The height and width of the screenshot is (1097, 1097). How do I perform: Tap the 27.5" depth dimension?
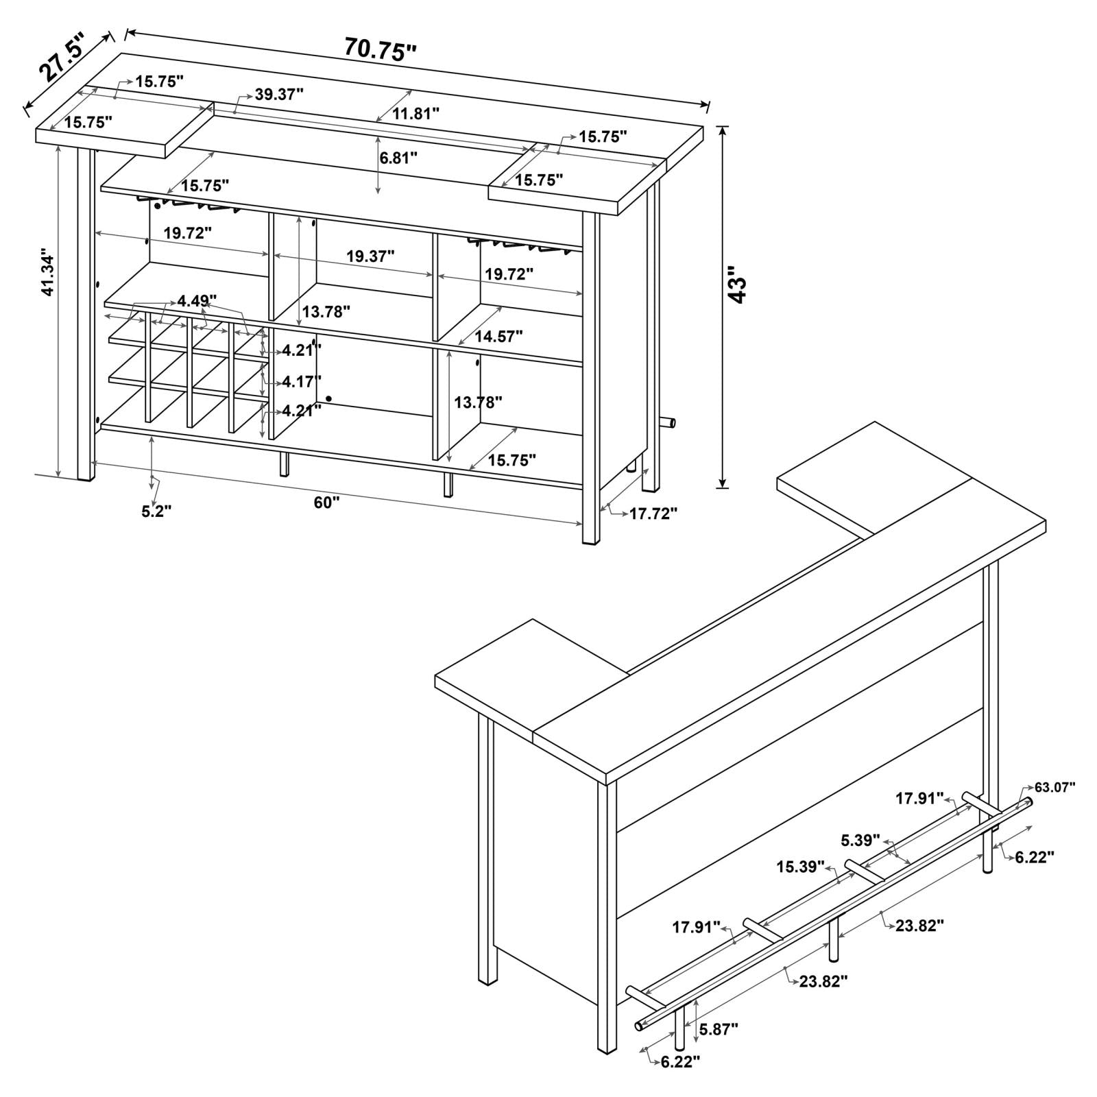pyautogui.click(x=60, y=57)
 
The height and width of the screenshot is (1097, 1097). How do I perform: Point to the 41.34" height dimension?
pyautogui.click(x=47, y=272)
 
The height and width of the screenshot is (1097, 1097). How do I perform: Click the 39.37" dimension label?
pyautogui.click(x=279, y=95)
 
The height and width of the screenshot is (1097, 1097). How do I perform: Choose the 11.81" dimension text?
pyautogui.click(x=415, y=114)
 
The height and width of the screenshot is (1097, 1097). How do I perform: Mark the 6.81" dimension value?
pyautogui.click(x=398, y=158)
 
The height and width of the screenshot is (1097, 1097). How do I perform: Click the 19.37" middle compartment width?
pyautogui.click(x=370, y=256)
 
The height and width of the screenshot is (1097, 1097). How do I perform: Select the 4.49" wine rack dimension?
pyautogui.click(x=197, y=300)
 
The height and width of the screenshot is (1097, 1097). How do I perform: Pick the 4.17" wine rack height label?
pyautogui.click(x=302, y=381)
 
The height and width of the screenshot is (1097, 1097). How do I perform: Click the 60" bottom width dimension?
pyautogui.click(x=327, y=503)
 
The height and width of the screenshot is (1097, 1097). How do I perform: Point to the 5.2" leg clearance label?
pyautogui.click(x=156, y=511)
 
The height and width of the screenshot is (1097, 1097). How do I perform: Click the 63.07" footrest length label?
pyautogui.click(x=1054, y=786)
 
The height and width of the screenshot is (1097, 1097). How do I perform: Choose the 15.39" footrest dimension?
pyautogui.click(x=800, y=867)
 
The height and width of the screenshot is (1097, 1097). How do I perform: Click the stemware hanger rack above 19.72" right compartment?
pyautogui.click(x=521, y=245)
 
